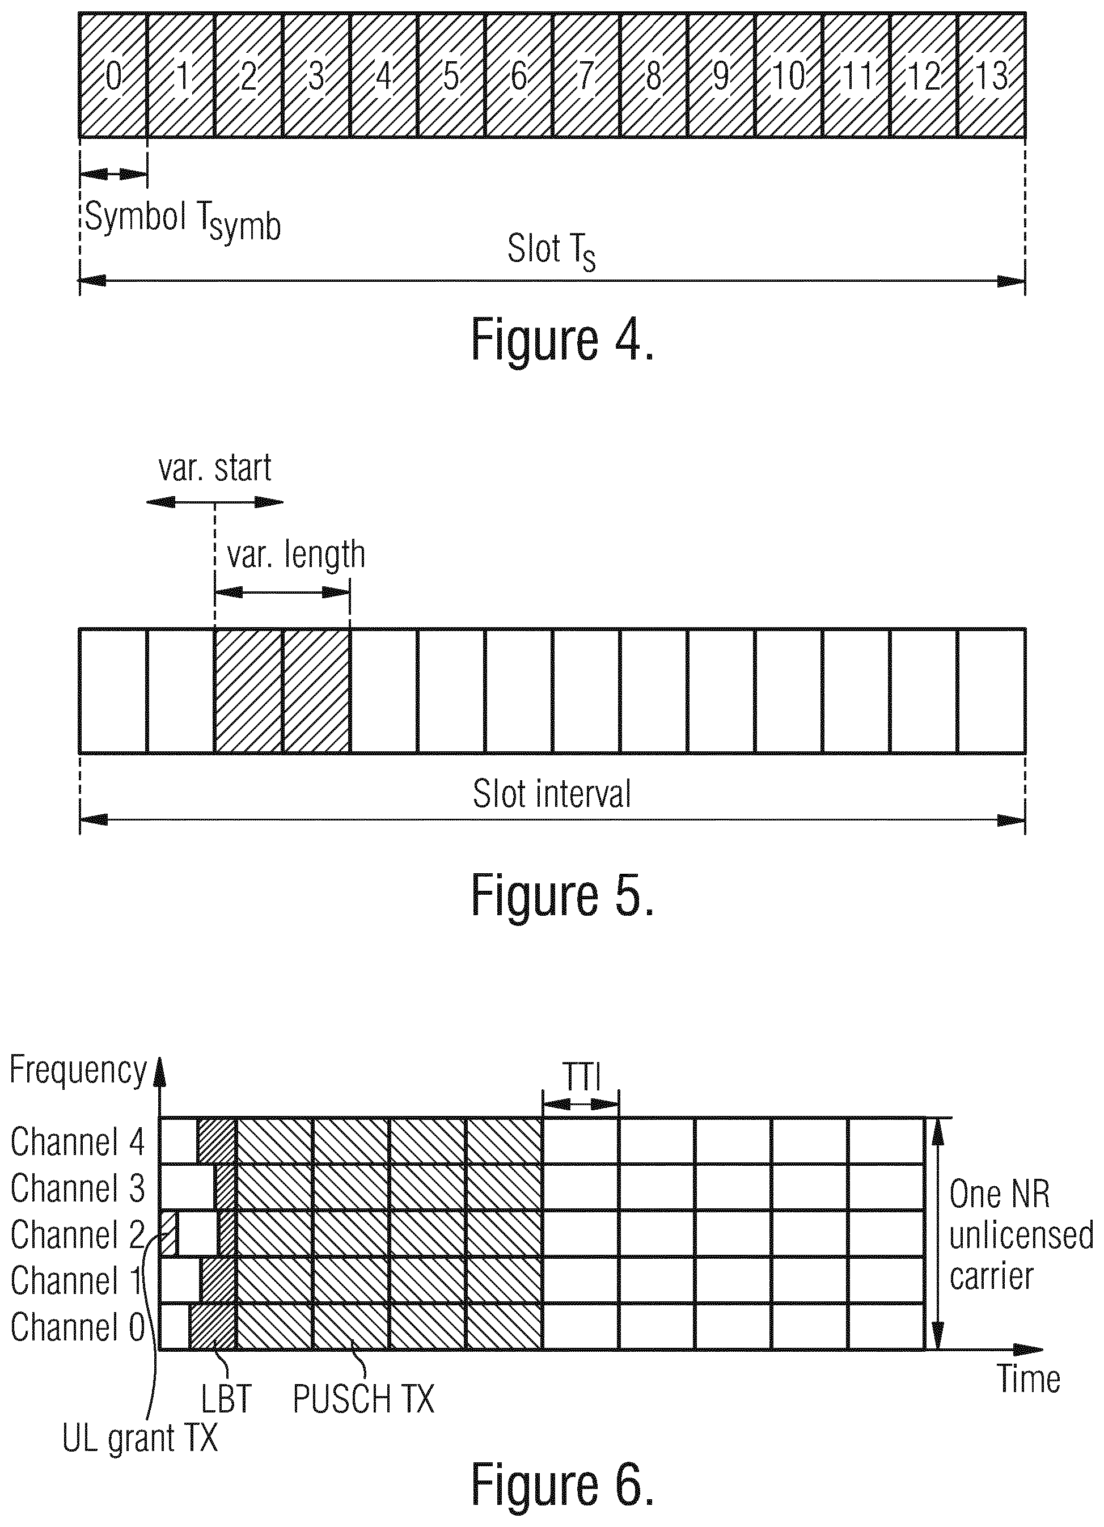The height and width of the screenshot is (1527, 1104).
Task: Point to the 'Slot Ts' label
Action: pyautogui.click(x=551, y=251)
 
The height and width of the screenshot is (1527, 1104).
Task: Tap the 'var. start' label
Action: pyautogui.click(x=215, y=468)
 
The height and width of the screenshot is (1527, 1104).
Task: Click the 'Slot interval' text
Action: pyautogui.click(x=551, y=794)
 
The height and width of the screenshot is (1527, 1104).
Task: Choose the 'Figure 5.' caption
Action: pyautogui.click(x=562, y=895)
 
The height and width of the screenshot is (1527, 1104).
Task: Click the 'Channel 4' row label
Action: pyautogui.click(x=78, y=1142)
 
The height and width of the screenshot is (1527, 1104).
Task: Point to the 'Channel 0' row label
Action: pyautogui.click(x=78, y=1327)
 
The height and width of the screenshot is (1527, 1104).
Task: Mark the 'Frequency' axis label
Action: pyautogui.click(x=78, y=1071)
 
